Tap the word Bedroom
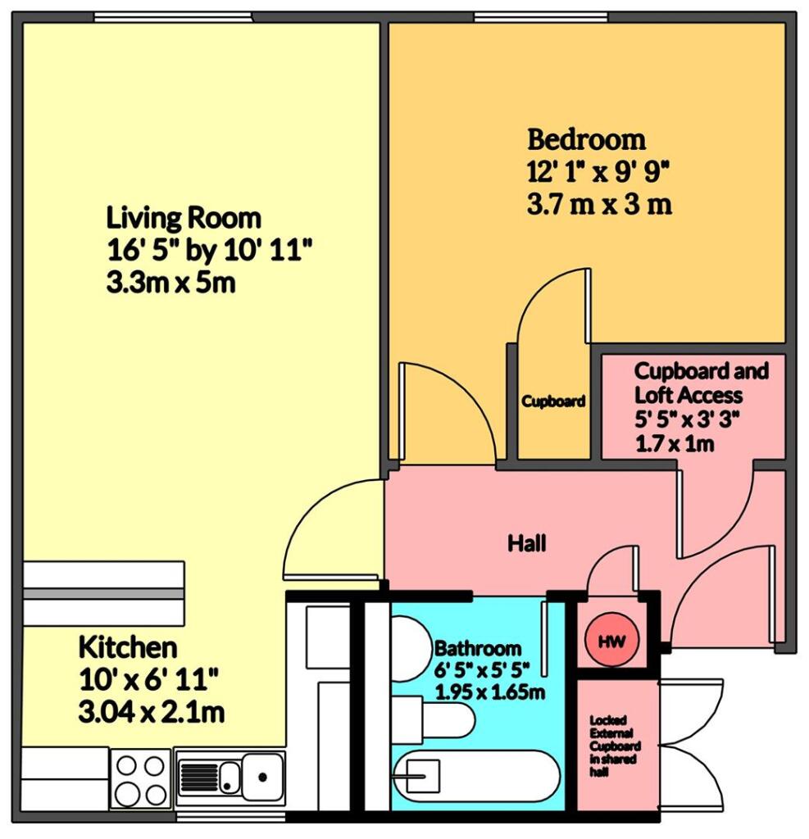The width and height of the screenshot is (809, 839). click(x=586, y=139)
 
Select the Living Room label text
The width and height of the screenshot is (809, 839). click(x=184, y=218)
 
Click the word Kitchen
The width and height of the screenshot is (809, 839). click(x=127, y=647)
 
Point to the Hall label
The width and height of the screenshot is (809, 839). click(x=526, y=542)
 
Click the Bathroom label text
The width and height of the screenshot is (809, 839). click(x=478, y=647)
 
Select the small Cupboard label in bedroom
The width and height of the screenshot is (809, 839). click(x=554, y=401)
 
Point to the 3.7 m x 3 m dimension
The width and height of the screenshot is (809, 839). click(x=599, y=204)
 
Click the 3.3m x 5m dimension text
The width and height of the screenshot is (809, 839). click(x=171, y=284)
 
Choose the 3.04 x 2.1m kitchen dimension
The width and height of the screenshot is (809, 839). click(x=151, y=712)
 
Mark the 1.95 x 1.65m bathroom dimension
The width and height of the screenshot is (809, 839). click(x=490, y=692)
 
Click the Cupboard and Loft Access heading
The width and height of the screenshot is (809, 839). click(x=701, y=383)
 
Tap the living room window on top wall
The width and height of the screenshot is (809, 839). click(x=173, y=16)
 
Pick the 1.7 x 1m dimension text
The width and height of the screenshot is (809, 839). click(x=674, y=445)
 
